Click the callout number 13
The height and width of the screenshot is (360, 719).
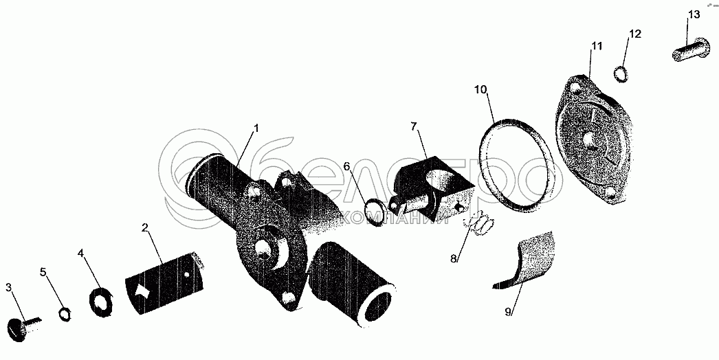(693, 15)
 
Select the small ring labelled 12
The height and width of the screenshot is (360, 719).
(620, 74)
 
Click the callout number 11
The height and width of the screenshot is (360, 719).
(596, 46)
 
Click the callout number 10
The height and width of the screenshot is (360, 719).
(480, 89)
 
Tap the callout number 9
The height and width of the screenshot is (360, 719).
(508, 312)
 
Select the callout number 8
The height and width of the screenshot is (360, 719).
(454, 258)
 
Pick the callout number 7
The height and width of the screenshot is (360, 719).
(414, 126)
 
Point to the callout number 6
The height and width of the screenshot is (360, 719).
(347, 166)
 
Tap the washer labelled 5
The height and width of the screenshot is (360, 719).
(65, 313)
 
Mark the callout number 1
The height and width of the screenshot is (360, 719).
(256, 128)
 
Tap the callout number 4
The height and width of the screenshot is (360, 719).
(81, 254)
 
